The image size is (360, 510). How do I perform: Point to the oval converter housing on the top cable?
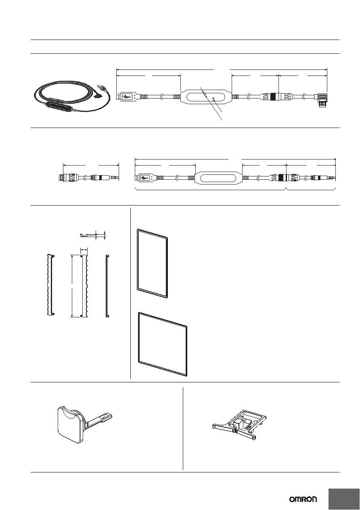point(206,97)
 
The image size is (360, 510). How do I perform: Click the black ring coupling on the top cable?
point(275,97)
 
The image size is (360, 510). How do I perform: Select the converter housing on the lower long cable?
point(218,178)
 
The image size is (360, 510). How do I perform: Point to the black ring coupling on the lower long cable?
point(283,178)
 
